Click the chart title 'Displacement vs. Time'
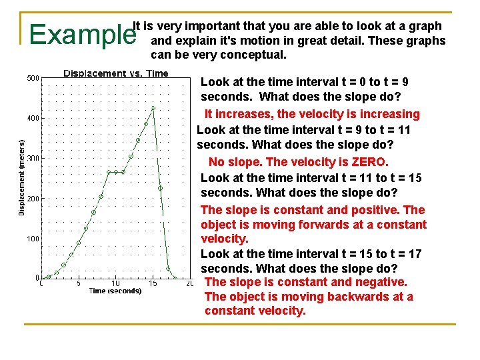(x=115, y=73)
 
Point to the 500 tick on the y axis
(x=33, y=79)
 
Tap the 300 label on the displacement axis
(x=33, y=159)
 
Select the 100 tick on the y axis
(x=33, y=239)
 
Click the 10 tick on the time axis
(x=115, y=283)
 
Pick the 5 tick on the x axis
(x=78, y=283)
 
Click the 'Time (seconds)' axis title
(x=115, y=291)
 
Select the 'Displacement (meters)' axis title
(x=21, y=177)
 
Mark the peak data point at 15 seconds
(x=153, y=107)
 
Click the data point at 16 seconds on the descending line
(x=161, y=189)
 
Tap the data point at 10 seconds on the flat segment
(x=116, y=172)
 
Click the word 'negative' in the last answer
(x=380, y=282)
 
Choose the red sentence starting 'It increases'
(x=312, y=114)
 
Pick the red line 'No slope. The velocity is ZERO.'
(x=298, y=162)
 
